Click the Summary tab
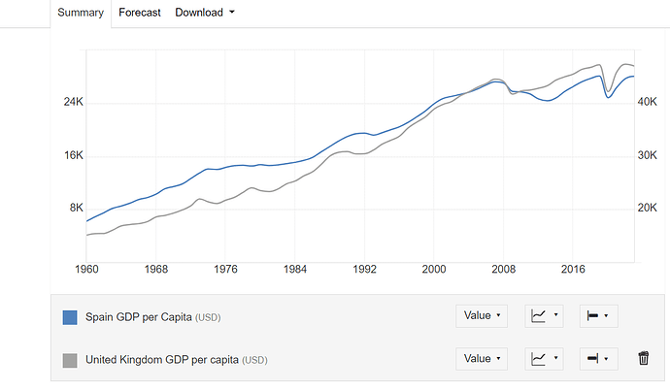pos(79,13)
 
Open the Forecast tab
pos(141,13)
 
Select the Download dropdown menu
pos(204,13)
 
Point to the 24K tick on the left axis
pos(75,103)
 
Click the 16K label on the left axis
pos(75,155)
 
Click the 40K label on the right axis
pos(647,103)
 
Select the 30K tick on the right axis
pos(647,155)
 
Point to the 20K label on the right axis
pos(647,208)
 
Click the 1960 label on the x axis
pos(87,270)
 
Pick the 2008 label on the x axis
pos(502,270)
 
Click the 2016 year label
pos(571,270)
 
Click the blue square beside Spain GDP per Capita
pos(70,316)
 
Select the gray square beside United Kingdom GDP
pos(70,360)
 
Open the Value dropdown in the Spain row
pos(481,315)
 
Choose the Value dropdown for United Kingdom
pos(481,359)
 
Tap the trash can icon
pos(643,359)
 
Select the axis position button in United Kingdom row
pos(598,359)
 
